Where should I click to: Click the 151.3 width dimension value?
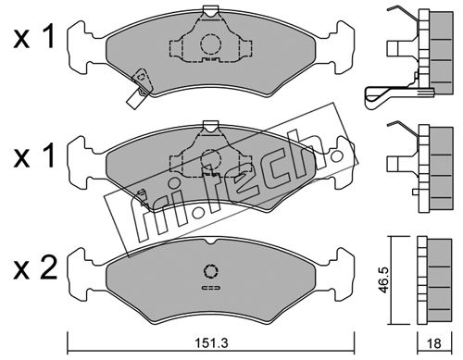coord(212,342)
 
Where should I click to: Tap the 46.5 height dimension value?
coord(383,280)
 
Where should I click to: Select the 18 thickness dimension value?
coord(434,343)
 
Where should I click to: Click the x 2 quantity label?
coord(35,268)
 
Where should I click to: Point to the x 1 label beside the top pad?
coord(34,37)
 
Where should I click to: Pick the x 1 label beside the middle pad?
coord(34,155)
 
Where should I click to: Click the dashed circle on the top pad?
coord(211,44)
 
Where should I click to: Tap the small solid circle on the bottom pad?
coord(211,271)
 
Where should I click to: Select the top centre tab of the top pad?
coord(211,11)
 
